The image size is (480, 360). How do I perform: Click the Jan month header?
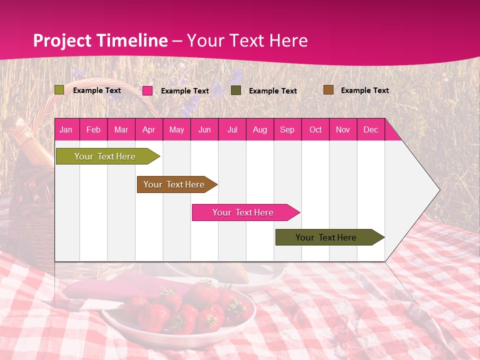tap(66, 129)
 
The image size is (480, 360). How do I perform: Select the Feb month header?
tap(93, 129)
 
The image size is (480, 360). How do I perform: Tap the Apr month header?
tap(148, 129)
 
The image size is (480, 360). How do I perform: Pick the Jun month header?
tap(204, 129)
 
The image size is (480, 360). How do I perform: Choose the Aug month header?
tap(259, 129)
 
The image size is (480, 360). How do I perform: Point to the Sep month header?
tap(287, 129)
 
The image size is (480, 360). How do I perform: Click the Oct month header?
tap(315, 129)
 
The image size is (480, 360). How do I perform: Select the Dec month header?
tap(370, 129)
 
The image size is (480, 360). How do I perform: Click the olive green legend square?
tap(59, 90)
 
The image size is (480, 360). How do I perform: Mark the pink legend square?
tap(147, 90)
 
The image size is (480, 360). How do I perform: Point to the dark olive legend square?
tap(236, 90)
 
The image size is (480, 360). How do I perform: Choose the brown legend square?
tap(328, 90)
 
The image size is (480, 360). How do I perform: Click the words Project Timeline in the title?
tap(100, 40)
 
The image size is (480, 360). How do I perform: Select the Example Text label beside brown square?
tap(364, 90)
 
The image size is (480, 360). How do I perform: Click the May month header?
tap(176, 129)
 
